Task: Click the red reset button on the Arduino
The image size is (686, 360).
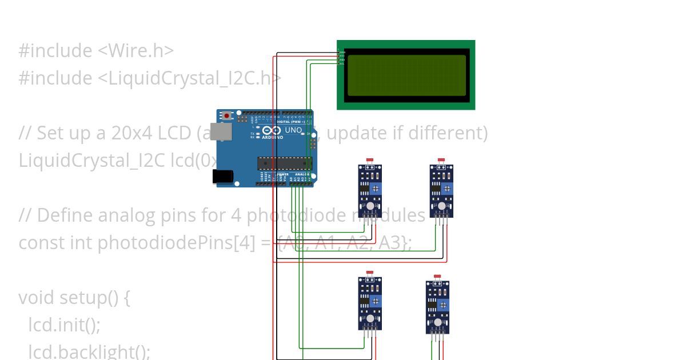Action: (227, 115)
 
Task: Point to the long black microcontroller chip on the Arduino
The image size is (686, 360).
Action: (285, 163)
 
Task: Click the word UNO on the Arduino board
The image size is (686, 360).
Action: (293, 130)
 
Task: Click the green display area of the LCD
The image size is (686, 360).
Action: (406, 75)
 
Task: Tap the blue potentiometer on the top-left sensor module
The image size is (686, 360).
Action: (376, 189)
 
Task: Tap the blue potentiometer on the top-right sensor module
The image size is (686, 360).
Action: (447, 189)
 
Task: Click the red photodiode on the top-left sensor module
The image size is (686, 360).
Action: (370, 160)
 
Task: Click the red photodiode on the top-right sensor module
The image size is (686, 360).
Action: (441, 160)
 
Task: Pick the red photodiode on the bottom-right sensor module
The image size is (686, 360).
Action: (437, 276)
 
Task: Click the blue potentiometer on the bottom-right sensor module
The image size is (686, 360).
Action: (443, 305)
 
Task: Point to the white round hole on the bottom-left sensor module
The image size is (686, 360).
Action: (370, 318)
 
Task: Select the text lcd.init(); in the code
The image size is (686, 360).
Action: (64, 325)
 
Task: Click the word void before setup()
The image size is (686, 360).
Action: (37, 298)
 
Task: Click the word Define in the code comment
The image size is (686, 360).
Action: (65, 215)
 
